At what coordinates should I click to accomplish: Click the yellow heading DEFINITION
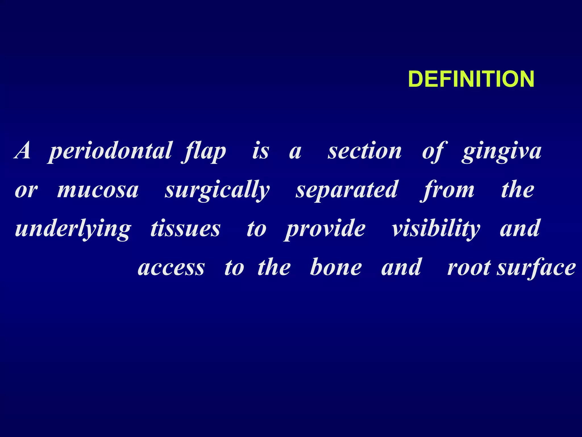pos(471,79)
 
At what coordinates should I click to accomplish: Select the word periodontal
pos(110,151)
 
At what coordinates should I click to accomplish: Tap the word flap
pos(204,151)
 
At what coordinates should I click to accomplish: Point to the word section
pos(365,151)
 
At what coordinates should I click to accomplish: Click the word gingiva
pos(502,151)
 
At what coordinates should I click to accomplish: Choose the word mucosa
pos(98,190)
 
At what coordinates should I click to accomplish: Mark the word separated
pos(347,190)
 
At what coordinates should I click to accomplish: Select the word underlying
pos(73,229)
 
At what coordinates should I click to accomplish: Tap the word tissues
pos(185,229)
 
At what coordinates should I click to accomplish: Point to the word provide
pos(325,229)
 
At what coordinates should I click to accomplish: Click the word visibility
pos(436,229)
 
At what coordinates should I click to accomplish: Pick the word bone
pos(336,267)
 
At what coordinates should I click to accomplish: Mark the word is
pos(261,151)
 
